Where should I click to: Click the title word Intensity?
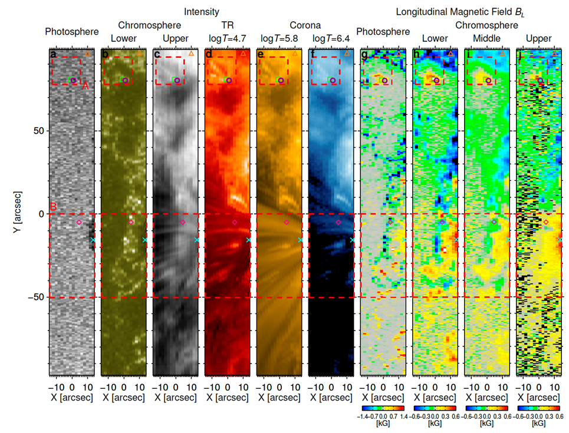202,11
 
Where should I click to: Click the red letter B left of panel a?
53,207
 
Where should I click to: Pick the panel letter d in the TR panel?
209,55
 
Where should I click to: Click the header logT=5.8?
280,39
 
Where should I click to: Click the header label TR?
228,25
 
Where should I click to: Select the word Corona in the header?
305,25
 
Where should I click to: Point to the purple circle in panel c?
176,80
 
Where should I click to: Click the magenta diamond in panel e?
287,222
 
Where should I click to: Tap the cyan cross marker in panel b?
145,240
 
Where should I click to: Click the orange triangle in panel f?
347,54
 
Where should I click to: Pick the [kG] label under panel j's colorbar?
538,424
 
